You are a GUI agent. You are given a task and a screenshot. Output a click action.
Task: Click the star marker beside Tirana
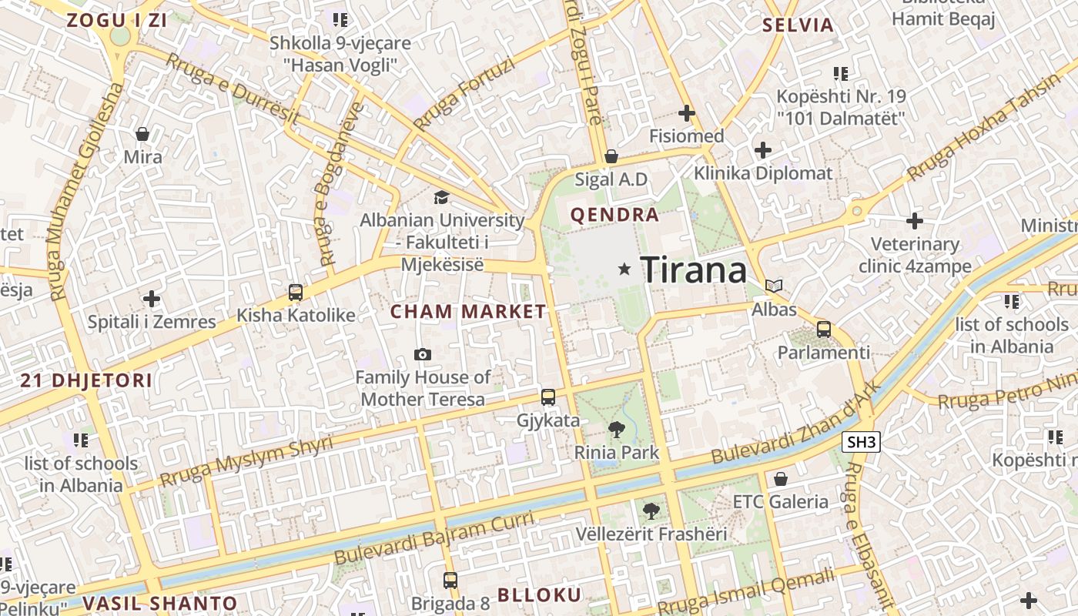click(x=624, y=269)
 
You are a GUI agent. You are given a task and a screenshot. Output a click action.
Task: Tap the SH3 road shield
click(x=860, y=442)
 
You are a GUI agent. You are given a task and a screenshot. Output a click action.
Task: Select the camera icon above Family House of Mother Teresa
click(x=422, y=354)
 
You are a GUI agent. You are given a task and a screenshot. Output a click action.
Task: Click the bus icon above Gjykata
click(x=547, y=397)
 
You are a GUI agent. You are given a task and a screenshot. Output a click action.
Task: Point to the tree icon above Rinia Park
click(x=616, y=430)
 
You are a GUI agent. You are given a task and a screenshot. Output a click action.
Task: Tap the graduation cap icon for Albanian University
click(x=441, y=198)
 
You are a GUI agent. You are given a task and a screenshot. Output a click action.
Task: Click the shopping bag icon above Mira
click(x=142, y=135)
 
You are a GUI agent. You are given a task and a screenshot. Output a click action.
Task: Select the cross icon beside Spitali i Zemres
click(x=152, y=298)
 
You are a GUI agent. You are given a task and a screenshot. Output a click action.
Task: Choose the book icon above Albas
click(x=774, y=286)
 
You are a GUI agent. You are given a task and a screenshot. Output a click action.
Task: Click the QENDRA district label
click(x=614, y=215)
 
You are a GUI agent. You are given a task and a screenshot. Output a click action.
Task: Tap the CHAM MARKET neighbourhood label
click(x=467, y=312)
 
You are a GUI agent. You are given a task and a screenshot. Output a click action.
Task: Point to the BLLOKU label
click(x=539, y=594)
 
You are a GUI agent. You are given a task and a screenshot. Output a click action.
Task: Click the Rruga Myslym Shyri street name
click(x=246, y=460)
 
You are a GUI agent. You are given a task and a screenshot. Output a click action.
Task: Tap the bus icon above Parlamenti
click(x=823, y=330)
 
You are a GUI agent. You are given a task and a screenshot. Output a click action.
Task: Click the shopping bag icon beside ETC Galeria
click(x=780, y=479)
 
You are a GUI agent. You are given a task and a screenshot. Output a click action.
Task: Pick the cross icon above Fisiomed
click(x=686, y=113)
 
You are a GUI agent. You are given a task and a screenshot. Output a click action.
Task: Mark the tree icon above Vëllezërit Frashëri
click(x=651, y=511)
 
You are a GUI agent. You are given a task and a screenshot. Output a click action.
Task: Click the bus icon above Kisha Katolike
click(x=296, y=293)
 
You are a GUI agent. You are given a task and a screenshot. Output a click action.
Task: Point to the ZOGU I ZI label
click(x=117, y=21)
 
